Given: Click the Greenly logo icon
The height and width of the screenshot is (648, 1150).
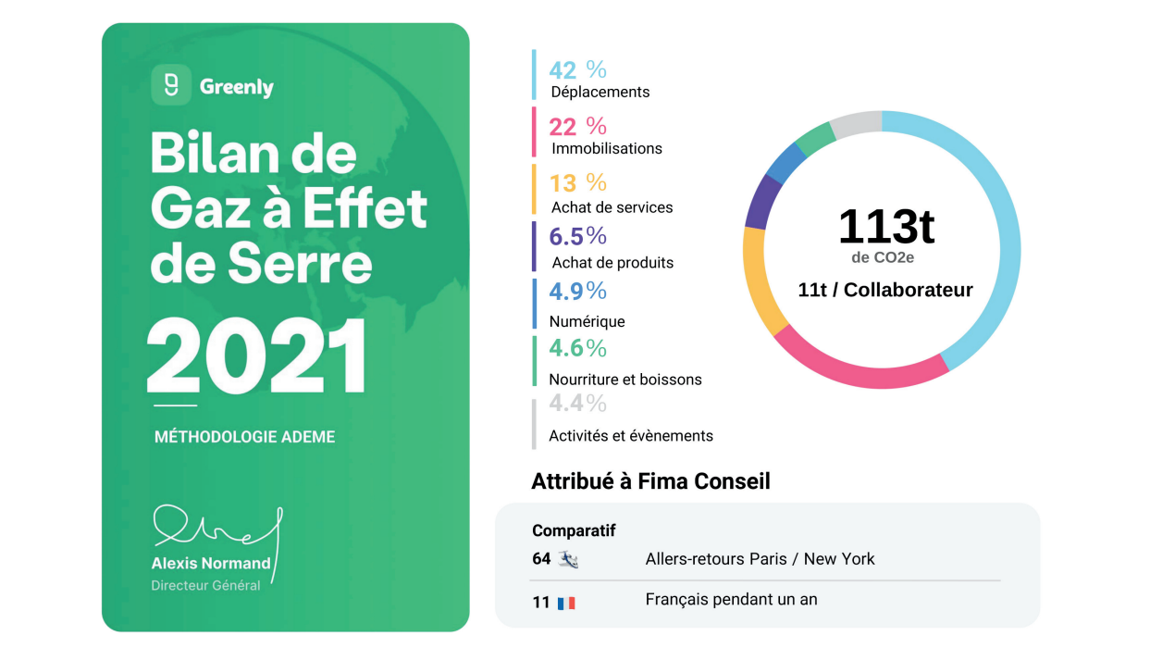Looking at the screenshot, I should point(171,85).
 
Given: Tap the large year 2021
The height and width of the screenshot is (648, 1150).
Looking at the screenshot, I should point(256,358).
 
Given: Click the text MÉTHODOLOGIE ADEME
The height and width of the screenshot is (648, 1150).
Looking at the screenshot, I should point(244,437).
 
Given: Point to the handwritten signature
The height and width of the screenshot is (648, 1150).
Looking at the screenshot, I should point(216,529).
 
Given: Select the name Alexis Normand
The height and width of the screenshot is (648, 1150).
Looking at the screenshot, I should point(211,563).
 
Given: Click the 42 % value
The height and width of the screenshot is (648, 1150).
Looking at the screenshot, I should point(577,69).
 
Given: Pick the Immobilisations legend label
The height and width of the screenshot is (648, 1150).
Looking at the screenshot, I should point(607,148).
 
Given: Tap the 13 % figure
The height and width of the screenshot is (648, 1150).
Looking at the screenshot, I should point(577,182).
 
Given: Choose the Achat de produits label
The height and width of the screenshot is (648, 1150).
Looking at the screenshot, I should point(612,263).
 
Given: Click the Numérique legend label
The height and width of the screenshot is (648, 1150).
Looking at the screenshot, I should point(587,321).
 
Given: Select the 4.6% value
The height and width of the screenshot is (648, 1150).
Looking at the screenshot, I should point(577,348).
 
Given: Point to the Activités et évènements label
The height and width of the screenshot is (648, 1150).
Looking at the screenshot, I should point(631,436).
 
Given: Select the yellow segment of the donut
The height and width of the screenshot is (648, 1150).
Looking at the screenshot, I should point(760,280).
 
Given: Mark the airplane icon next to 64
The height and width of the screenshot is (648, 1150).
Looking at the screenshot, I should point(568,559).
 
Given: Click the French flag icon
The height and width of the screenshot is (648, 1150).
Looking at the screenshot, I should point(566,604).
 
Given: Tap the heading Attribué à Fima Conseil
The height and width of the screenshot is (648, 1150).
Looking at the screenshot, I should point(650,481).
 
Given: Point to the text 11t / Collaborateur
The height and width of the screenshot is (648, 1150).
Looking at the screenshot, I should point(885,290).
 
